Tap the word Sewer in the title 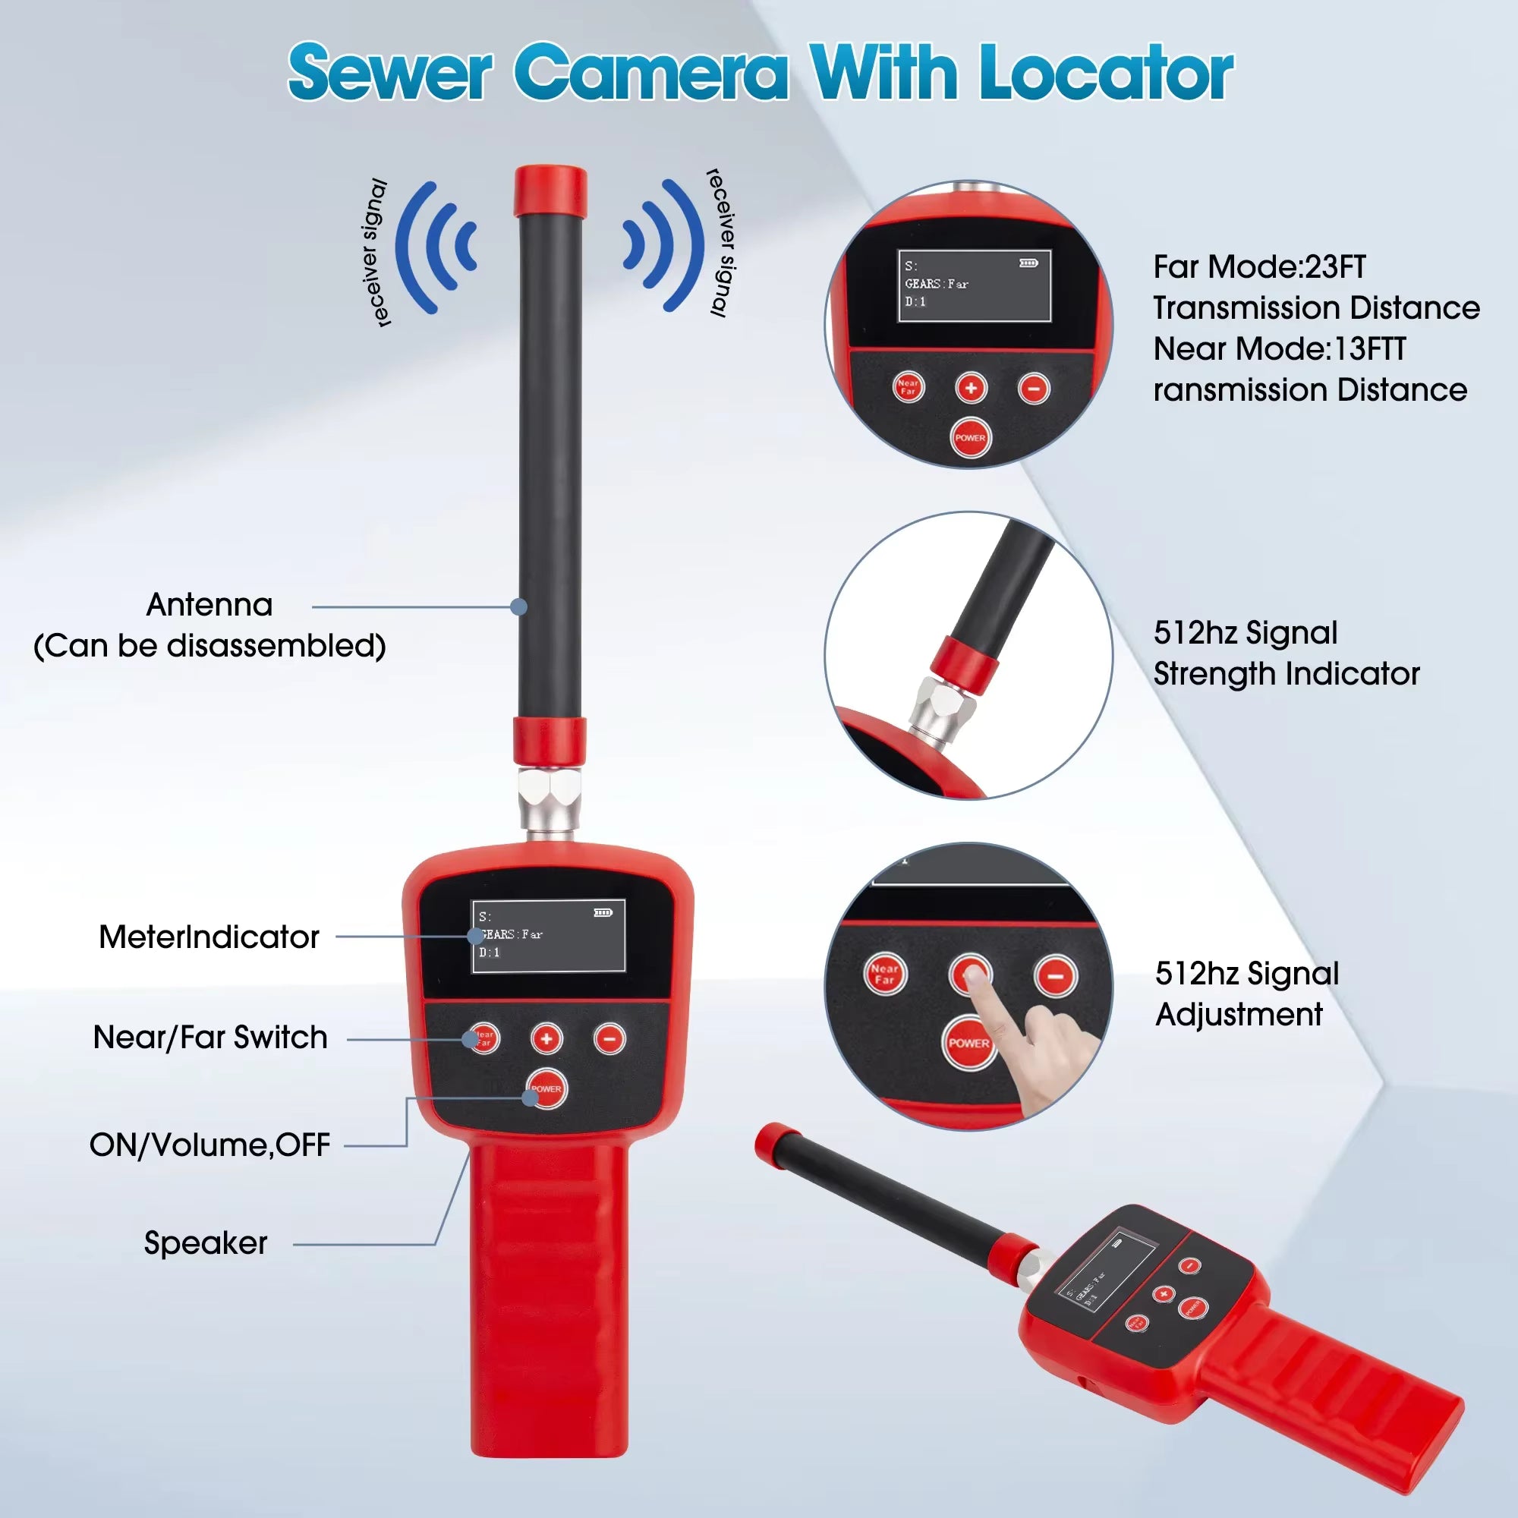pyautogui.click(x=389, y=73)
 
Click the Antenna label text pyautogui.click(x=209, y=605)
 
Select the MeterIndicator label pyautogui.click(x=209, y=937)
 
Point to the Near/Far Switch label pyautogui.click(x=209, y=1037)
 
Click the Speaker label pyautogui.click(x=206, y=1243)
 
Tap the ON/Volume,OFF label pyautogui.click(x=209, y=1145)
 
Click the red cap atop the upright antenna pyautogui.click(x=550, y=191)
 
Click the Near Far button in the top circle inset pyautogui.click(x=909, y=387)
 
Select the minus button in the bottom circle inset pyautogui.click(x=1055, y=976)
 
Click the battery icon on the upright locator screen pyautogui.click(x=603, y=913)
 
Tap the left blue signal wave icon pyautogui.click(x=436, y=247)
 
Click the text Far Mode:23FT pyautogui.click(x=1259, y=267)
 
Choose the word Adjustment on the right pyautogui.click(x=1239, y=1014)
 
